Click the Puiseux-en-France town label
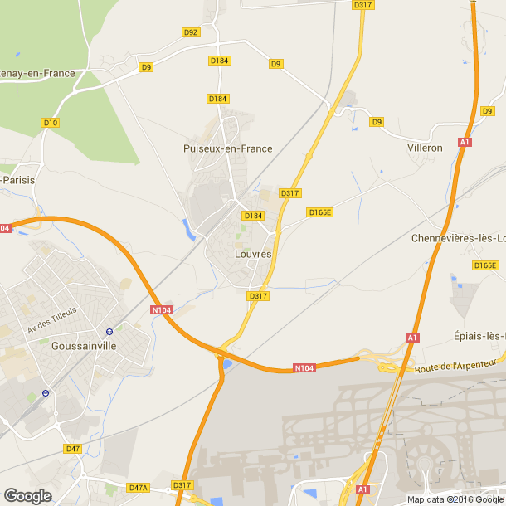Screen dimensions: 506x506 tap(227, 148)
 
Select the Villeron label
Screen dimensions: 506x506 tap(425, 148)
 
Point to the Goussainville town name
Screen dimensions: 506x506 tap(84, 346)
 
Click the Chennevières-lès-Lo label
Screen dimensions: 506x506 tap(458, 238)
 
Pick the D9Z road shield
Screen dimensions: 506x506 tap(191, 32)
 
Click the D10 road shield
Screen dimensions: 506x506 tap(51, 123)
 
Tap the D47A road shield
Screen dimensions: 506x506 tap(138, 488)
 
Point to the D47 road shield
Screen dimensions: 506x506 tap(73, 449)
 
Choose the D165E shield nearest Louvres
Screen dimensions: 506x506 tap(319, 212)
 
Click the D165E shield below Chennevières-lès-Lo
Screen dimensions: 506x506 tap(485, 265)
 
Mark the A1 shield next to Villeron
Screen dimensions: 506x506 tap(465, 143)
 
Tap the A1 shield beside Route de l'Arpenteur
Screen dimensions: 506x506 tap(411, 338)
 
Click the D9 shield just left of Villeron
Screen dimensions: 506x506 tap(377, 122)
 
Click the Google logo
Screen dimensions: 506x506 tap(27, 496)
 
